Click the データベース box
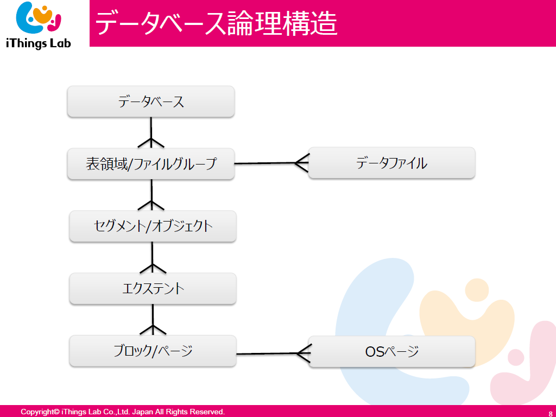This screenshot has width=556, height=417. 151,102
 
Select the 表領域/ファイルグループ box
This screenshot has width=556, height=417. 151,163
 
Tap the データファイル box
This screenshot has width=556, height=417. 392,163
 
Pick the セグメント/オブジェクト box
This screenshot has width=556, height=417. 153,226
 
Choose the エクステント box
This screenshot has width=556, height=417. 153,289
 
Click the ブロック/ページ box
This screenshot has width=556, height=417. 153,351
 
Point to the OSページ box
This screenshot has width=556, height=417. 392,351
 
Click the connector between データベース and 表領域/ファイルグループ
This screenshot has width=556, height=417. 151,132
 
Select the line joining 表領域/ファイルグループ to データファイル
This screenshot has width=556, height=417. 271,163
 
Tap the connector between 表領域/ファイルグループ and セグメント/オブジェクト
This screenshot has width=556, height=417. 152,195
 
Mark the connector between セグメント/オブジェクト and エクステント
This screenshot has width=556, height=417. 153,257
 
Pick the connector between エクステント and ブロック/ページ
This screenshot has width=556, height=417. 153,320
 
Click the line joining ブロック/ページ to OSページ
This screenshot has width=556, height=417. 274,353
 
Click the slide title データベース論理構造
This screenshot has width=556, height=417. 216,23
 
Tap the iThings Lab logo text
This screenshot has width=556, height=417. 39,43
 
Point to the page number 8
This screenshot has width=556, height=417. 551,413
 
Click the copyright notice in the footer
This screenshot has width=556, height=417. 123,412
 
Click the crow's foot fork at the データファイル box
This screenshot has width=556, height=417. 302,163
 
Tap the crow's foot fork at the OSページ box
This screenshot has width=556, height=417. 304,353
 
